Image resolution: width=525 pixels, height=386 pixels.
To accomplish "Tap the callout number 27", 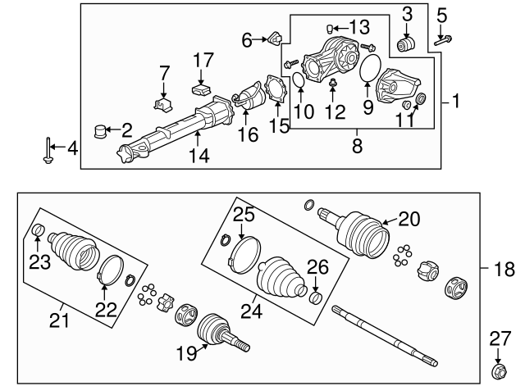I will (500, 338).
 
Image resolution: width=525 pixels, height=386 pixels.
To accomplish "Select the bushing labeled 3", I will (404, 43).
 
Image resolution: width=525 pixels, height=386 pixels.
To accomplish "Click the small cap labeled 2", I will (103, 129).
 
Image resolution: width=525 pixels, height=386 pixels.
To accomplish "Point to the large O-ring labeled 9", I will (373, 71).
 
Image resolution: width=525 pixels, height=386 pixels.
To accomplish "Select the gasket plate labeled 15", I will (277, 91).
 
